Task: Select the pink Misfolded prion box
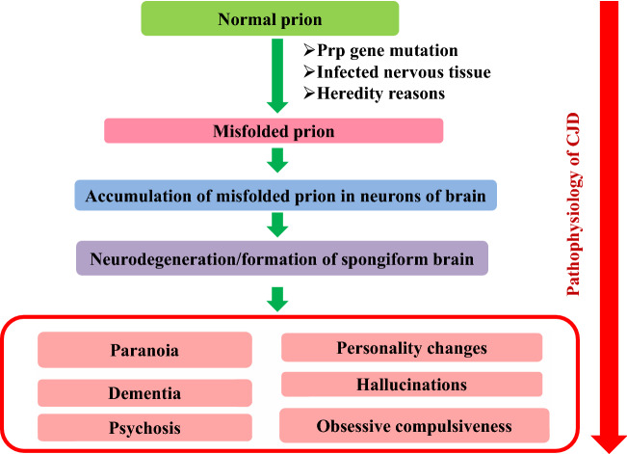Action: (x=274, y=130)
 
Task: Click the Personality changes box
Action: (x=411, y=347)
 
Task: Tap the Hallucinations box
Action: (x=411, y=385)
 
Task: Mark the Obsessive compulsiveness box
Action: (x=414, y=425)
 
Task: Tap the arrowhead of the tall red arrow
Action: (x=609, y=440)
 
